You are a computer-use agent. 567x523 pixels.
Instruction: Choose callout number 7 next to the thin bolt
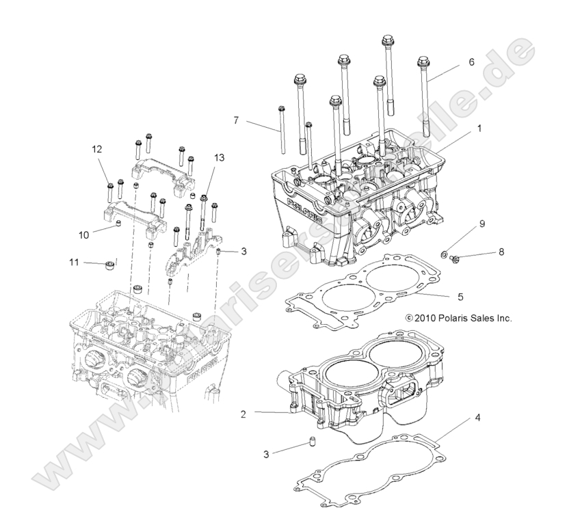[x=235, y=120]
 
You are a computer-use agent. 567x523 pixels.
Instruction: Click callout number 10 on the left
[x=83, y=234]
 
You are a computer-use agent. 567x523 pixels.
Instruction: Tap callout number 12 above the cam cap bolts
[x=97, y=149]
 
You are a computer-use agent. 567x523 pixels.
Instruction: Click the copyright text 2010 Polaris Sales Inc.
[x=458, y=318]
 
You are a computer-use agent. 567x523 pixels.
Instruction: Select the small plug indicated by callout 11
[x=107, y=263]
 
